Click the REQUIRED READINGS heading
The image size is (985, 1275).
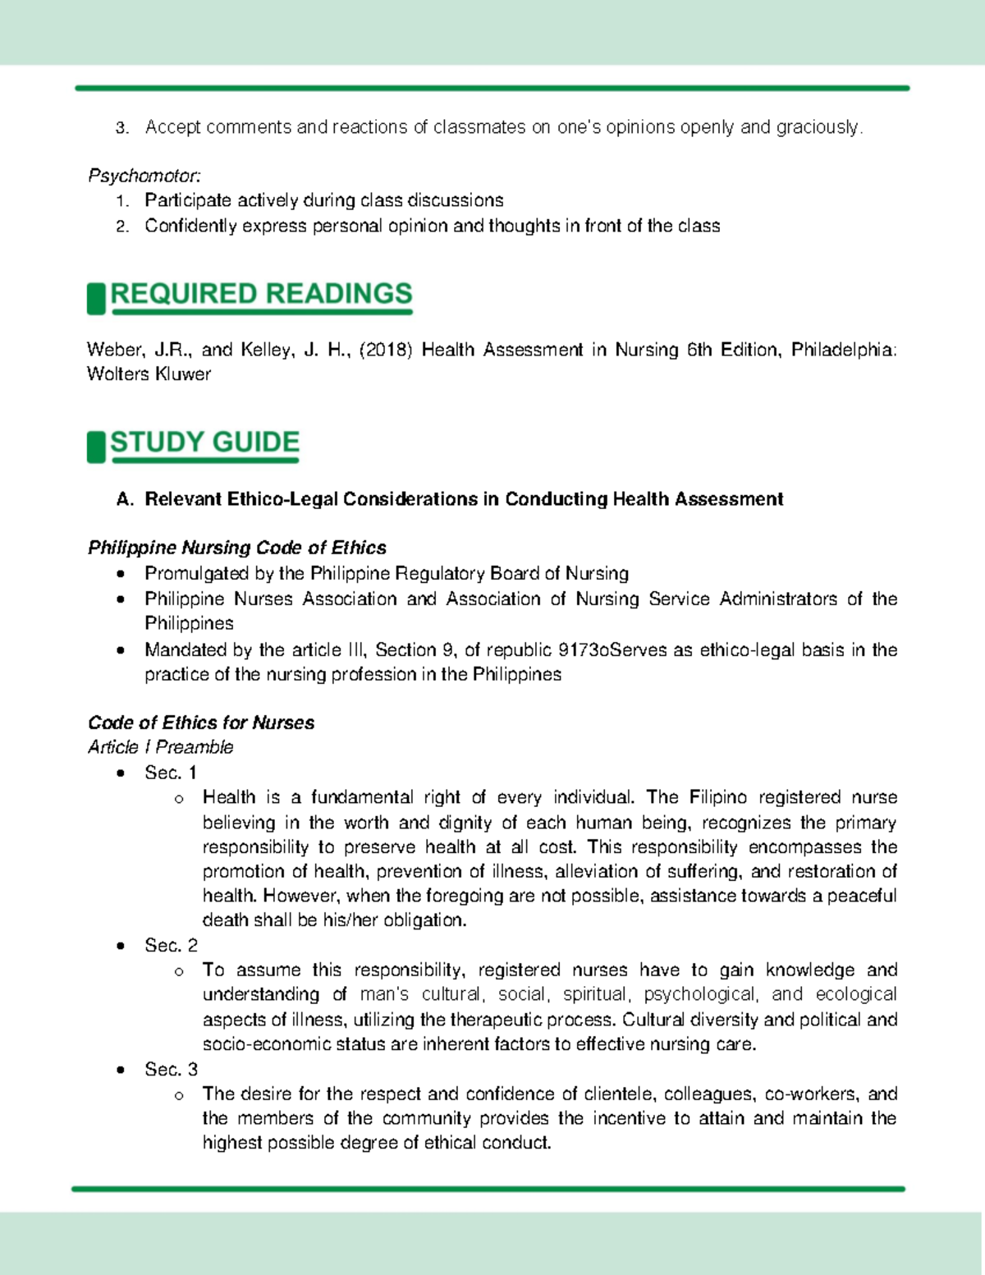click(x=261, y=294)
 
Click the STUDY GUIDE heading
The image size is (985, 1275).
click(x=204, y=443)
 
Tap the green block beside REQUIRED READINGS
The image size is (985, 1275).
click(x=96, y=298)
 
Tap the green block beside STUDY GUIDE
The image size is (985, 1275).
click(x=96, y=447)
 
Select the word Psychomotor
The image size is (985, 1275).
click(x=144, y=176)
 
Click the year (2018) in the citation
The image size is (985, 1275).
click(x=385, y=350)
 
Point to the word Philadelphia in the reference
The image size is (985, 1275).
click(x=843, y=350)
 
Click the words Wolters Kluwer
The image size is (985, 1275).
click(x=149, y=374)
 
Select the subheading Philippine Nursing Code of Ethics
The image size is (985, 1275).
click(x=237, y=548)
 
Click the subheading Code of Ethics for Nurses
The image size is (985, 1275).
click(x=201, y=722)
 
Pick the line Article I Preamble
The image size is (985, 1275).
click(x=161, y=747)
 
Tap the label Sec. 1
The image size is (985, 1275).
click(x=171, y=773)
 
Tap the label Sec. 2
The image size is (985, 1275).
click(x=171, y=945)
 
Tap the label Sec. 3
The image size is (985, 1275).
click(x=171, y=1069)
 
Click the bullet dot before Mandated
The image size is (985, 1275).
click(x=121, y=650)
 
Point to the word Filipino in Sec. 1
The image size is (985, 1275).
click(x=717, y=797)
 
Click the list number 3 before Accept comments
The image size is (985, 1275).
click(x=121, y=128)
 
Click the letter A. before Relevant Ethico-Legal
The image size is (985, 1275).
click(x=125, y=499)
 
